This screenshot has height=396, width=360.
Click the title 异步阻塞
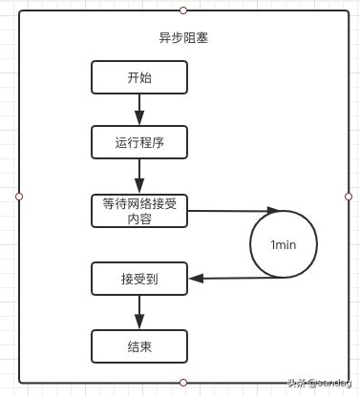point(183,40)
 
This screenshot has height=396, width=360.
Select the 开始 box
point(139,78)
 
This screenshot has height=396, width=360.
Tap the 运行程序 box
point(139,143)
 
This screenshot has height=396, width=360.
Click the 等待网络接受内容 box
point(139,211)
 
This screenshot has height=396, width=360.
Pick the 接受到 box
point(139,279)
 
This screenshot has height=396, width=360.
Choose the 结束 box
point(139,345)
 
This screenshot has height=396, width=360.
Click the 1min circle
point(284,244)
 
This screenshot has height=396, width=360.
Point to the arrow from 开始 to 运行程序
point(139,111)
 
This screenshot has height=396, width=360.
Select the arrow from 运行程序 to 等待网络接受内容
point(139,177)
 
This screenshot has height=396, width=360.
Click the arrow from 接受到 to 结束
point(139,312)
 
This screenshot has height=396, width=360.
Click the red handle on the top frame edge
point(183,10)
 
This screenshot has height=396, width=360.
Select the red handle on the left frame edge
point(19,196)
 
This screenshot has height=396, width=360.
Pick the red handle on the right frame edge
point(349,196)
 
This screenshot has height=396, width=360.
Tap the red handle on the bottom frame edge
point(183,382)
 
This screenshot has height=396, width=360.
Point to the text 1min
point(284,245)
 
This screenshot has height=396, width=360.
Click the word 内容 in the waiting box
point(139,219)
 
